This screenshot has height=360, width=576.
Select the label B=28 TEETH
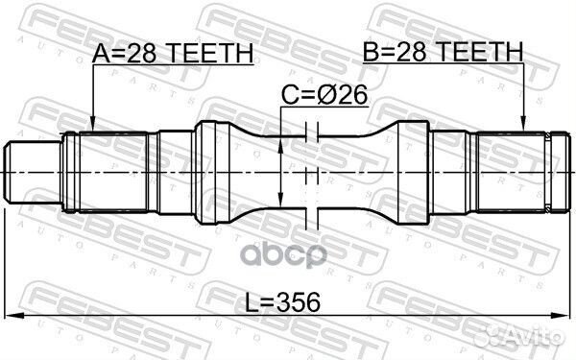(x=444, y=51)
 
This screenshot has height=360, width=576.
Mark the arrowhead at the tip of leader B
(x=523, y=127)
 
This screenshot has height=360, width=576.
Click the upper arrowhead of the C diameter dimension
(x=280, y=142)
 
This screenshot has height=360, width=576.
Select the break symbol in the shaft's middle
(x=309, y=171)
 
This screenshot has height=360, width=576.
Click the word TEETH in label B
(x=477, y=51)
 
